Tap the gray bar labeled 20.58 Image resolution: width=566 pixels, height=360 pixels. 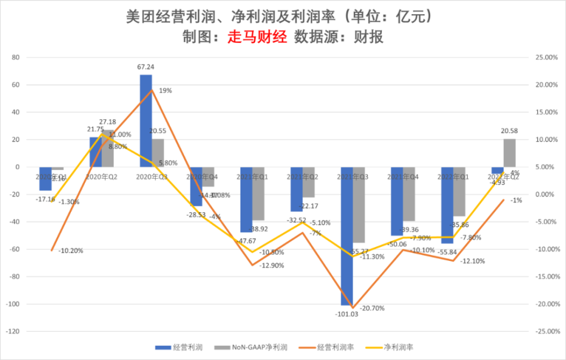(509, 153)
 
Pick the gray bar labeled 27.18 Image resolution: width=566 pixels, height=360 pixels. (108, 148)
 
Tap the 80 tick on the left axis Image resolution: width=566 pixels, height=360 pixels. (16, 57)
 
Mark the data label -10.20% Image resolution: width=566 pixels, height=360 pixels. (70, 250)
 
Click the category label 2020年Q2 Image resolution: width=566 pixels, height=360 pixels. (102, 177)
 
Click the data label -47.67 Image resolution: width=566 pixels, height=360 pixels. (245, 241)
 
